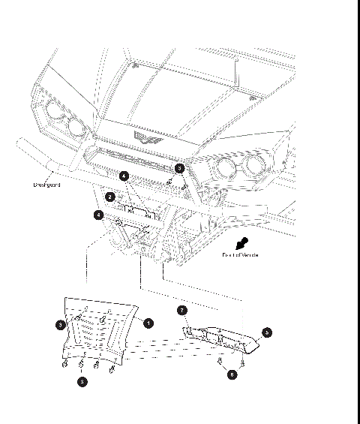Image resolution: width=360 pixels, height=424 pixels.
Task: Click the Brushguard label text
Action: point(46,185)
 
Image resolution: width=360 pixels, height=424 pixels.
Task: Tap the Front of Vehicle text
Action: point(240,255)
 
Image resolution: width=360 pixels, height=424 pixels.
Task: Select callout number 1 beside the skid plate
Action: point(148,323)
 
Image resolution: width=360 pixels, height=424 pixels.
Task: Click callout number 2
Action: point(110,197)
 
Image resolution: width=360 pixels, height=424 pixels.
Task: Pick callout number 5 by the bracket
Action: point(267,331)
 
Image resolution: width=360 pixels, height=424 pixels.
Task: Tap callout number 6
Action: point(232,374)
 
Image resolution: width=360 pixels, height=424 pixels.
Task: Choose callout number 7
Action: point(181,310)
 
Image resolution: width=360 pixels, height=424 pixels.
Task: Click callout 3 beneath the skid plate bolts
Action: point(82,381)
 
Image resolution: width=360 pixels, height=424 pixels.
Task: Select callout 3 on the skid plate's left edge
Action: point(60,325)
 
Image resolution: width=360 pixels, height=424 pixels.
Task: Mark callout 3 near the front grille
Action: point(179,169)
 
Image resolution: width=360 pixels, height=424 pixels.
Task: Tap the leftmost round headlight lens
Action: point(55,113)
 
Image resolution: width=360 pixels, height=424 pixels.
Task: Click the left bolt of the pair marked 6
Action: point(218,363)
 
